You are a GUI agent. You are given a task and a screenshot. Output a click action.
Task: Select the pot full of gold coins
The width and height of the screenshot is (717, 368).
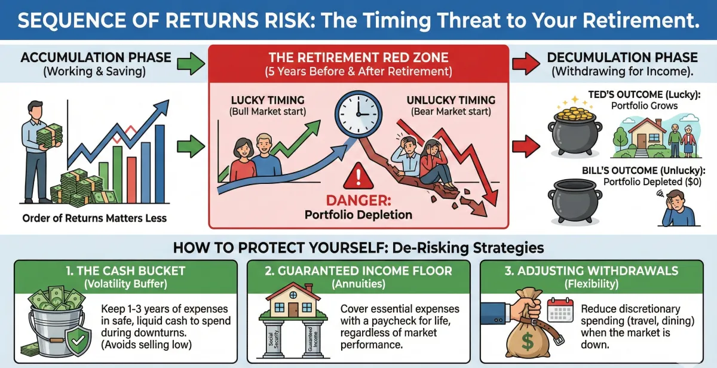tap(571, 126)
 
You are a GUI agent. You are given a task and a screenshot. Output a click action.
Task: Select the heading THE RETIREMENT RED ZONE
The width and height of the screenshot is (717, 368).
tap(358, 58)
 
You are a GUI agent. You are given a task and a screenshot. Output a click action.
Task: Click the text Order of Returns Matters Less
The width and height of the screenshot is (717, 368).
tap(94, 218)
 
